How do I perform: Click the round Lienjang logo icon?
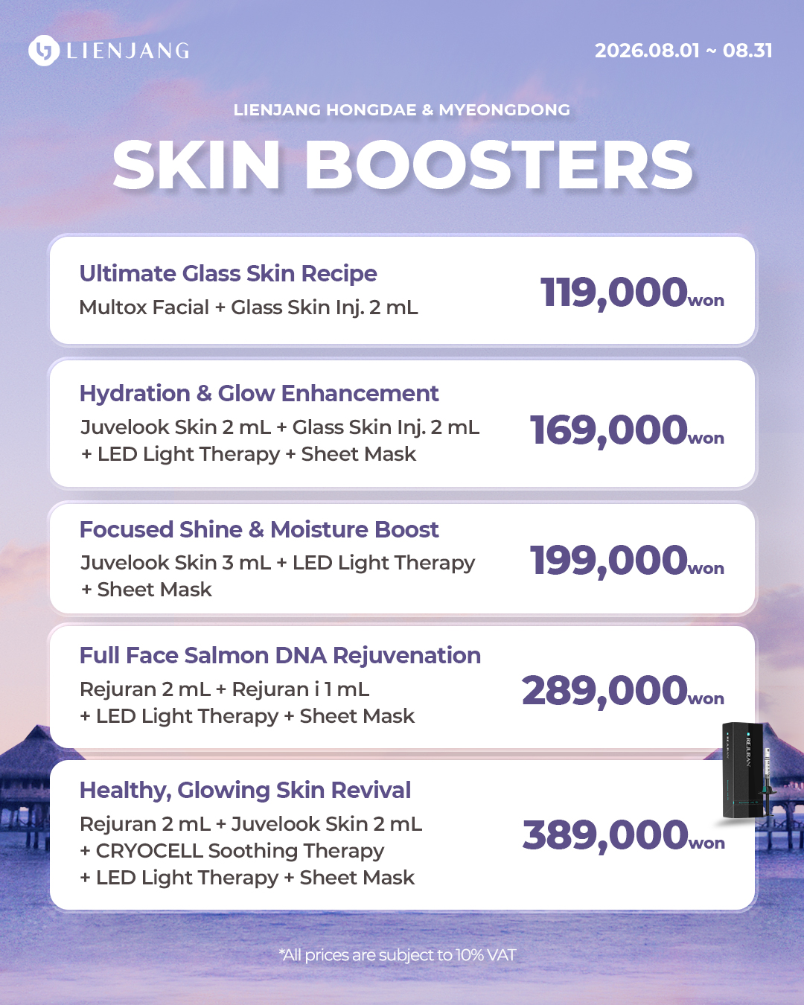coord(44,51)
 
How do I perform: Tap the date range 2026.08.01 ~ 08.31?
coord(683,51)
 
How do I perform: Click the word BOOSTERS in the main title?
coord(499,165)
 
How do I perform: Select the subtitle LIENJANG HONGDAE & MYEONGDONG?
coord(402,109)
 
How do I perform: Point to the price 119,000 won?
coord(632,293)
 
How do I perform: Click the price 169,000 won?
coord(627,430)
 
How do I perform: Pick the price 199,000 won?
coord(627,561)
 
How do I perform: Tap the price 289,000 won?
coord(623,691)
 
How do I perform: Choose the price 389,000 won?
coord(624,835)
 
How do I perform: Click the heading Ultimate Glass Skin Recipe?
coord(228,274)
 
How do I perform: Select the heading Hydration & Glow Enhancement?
coord(259,393)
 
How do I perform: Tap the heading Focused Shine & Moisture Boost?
coord(259,529)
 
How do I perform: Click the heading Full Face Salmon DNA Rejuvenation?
coord(281,655)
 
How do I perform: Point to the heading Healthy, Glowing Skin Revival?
coord(245,791)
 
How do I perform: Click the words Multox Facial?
coord(144,307)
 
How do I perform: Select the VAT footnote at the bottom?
coord(398,955)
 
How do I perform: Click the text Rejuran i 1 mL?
coord(301,689)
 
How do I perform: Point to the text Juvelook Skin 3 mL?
coord(175,563)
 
